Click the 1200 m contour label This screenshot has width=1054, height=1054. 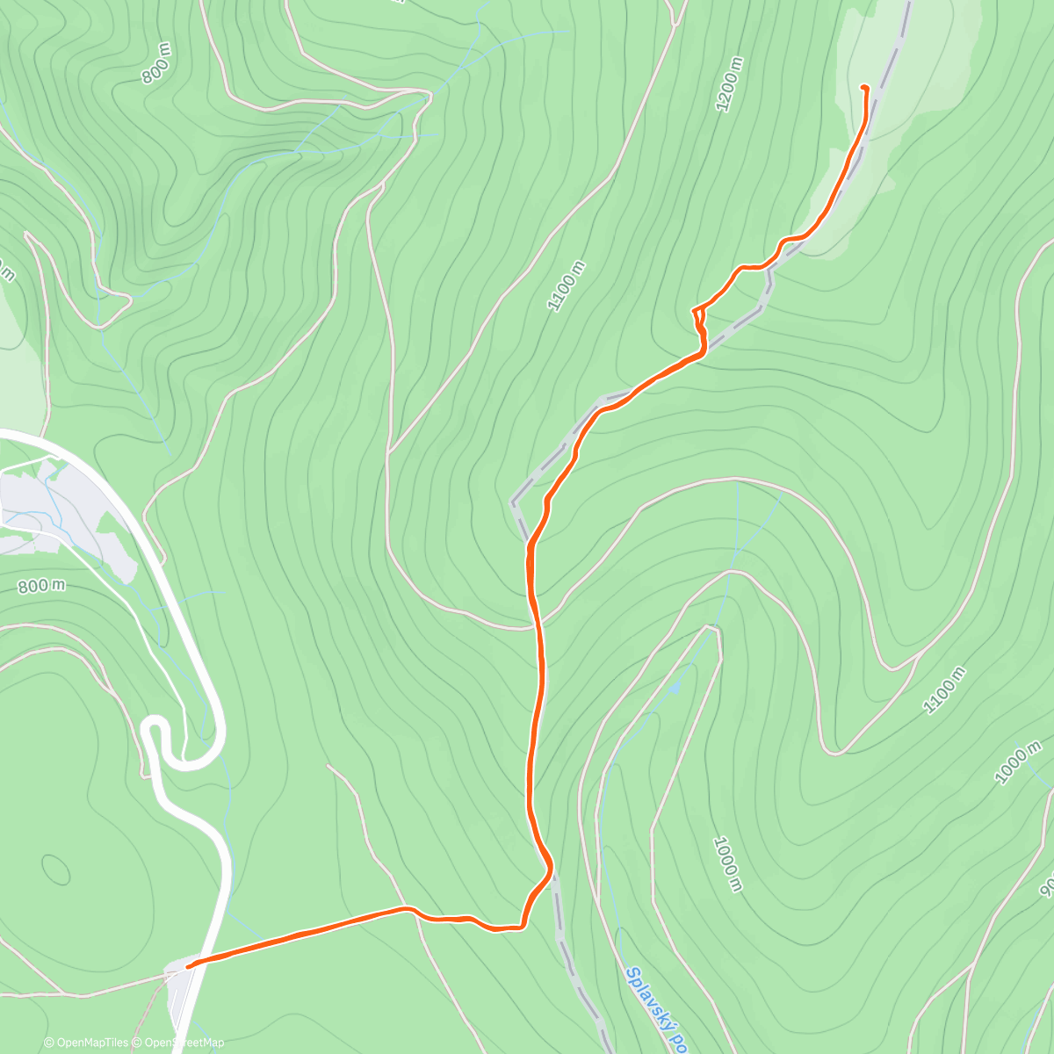coord(731,84)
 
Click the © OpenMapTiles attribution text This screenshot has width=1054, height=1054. coord(86,1043)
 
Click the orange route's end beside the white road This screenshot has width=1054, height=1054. coord(190,966)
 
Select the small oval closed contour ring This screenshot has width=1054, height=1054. coord(56,870)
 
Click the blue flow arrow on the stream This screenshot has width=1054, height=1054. coord(675,687)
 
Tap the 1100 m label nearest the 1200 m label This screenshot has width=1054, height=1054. coord(567,285)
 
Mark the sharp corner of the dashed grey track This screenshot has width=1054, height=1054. coord(514,503)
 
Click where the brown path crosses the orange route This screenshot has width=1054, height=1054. coord(536,625)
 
